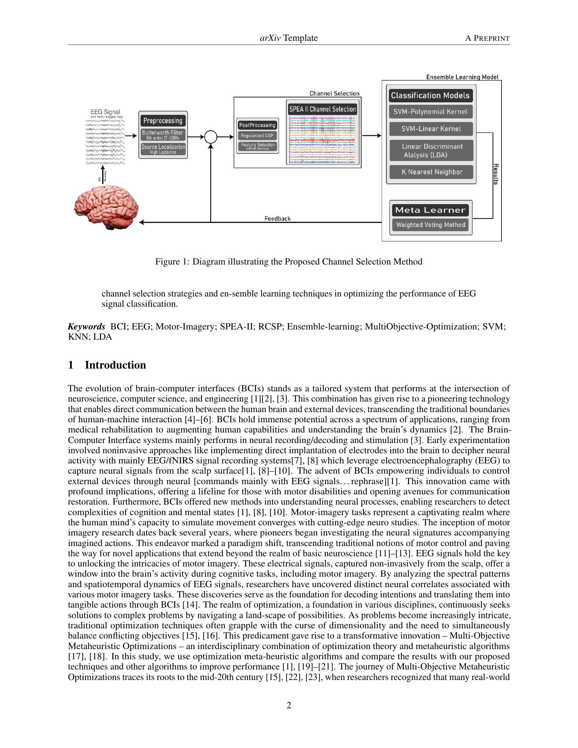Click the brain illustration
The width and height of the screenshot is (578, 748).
(106, 207)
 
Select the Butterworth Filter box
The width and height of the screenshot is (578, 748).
(163, 135)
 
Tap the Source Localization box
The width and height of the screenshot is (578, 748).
(163, 149)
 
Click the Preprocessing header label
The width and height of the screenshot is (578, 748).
(163, 121)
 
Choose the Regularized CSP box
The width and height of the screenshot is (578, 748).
(257, 136)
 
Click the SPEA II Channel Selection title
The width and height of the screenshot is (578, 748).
(323, 109)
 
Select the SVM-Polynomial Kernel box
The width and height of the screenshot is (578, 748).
(430, 112)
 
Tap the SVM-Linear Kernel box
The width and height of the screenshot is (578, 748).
(431, 129)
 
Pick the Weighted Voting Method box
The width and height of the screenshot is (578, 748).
(430, 225)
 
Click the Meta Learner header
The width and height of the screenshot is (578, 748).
(430, 210)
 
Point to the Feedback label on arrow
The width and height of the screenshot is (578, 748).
(277, 219)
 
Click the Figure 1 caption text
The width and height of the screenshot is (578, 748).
(289, 262)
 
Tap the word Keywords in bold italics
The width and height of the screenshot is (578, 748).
(86, 326)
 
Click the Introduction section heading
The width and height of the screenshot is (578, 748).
(115, 365)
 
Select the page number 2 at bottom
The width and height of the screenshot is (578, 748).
(289, 705)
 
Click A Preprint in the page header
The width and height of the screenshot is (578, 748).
(487, 38)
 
